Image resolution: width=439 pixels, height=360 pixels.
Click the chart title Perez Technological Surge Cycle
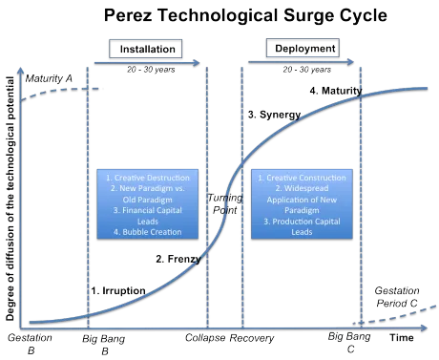click(x=245, y=15)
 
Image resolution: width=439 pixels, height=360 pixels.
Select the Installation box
click(x=146, y=49)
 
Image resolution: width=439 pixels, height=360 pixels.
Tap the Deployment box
click(x=303, y=48)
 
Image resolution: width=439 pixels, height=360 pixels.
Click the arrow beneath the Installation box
click(x=147, y=63)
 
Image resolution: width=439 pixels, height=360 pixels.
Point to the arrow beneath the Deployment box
click(x=301, y=62)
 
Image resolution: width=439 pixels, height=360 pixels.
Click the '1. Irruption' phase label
click(x=118, y=290)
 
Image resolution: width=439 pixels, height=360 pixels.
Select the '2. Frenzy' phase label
click(x=178, y=259)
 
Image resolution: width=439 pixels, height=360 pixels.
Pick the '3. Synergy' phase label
click(x=275, y=115)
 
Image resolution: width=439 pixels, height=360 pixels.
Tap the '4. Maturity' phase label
click(x=336, y=91)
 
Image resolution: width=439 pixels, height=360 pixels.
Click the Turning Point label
click(x=225, y=203)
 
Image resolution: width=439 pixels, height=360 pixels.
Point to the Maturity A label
click(x=49, y=78)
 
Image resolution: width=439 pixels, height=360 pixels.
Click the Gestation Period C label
click(x=397, y=297)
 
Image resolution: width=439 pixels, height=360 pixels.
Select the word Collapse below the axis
click(x=205, y=338)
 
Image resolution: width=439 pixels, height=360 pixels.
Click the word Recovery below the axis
click(x=252, y=338)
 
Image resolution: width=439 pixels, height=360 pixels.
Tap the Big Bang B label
click(x=104, y=345)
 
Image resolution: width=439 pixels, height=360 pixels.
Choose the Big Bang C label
click(x=349, y=343)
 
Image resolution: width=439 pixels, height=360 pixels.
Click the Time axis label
click(x=402, y=338)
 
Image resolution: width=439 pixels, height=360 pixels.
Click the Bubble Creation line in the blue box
click(x=148, y=232)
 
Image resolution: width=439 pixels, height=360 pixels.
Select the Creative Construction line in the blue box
click(x=302, y=178)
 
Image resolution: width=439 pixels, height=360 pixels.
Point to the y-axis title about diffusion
click(x=10, y=199)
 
